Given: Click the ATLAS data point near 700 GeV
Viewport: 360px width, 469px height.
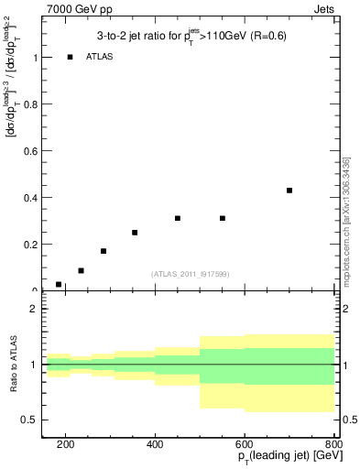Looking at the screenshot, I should (289, 191).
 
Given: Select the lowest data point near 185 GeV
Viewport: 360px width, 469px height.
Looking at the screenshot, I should (59, 285).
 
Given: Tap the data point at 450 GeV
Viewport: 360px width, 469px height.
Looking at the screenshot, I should (178, 218).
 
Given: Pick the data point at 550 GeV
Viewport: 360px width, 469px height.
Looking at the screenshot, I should (223, 218).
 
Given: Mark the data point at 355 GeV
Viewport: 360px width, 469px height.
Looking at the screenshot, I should (135, 233).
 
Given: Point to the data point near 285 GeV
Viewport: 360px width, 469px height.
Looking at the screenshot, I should (104, 251).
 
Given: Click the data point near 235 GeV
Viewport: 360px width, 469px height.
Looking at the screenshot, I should (81, 271).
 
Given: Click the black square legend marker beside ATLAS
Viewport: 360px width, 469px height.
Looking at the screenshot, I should (70, 57).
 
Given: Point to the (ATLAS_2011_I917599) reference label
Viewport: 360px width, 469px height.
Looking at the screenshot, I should (190, 274).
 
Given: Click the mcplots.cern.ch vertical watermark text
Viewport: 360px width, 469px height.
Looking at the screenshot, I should (346, 220).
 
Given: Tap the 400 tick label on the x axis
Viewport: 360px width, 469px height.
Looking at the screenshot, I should (155, 444).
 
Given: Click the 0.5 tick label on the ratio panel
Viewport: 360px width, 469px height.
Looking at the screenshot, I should (29, 420).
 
